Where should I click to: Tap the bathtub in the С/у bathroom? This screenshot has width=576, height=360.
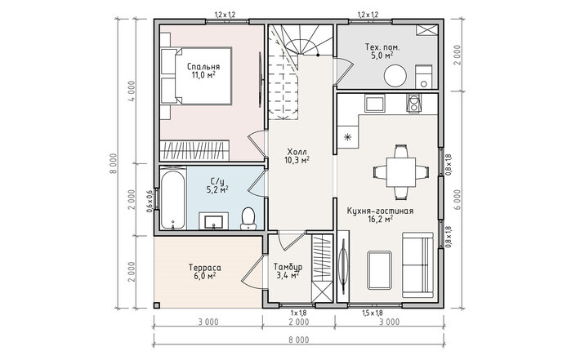coord(172,198)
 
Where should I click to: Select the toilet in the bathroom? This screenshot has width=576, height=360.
coord(248,219)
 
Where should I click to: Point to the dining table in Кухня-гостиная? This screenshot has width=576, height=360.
coord(401,171)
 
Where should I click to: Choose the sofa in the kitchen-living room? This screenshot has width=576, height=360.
coord(417,264)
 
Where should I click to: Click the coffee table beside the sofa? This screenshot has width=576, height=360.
coord(379,269)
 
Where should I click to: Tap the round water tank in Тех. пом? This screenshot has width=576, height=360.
coord(395,76)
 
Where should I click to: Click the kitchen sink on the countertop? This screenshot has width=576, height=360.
coord(374,103)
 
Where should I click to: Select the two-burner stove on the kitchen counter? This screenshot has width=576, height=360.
coord(414,103)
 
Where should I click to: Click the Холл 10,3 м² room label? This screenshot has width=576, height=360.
coord(297,156)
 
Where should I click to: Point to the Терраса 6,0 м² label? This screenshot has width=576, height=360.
coord(204,272)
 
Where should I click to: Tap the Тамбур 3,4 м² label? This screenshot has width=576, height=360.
coord(288,271)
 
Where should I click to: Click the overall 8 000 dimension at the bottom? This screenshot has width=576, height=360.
coord(299,340)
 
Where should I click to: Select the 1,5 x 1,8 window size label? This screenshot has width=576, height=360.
coord(373,313)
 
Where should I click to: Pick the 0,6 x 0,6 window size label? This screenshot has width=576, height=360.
coord(150,202)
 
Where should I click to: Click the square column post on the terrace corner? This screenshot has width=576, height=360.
coord(157,305)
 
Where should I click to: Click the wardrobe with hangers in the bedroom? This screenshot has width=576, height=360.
coord(194,150)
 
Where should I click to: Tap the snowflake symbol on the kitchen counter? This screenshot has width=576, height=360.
coord(347,137)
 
